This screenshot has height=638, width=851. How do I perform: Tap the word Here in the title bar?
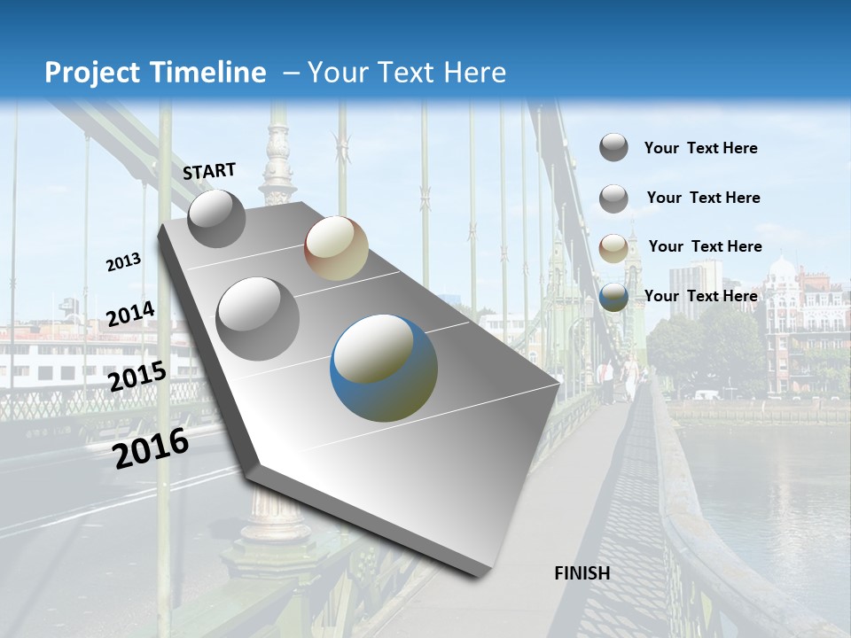click(474, 73)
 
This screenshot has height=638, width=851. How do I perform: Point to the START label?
click(209, 171)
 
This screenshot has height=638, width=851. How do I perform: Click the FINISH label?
click(582, 573)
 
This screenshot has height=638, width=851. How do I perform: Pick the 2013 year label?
click(123, 262)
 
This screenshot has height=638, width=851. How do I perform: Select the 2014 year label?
click(130, 314)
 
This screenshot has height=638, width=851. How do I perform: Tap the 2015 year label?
click(137, 377)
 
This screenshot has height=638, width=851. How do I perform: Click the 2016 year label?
click(151, 448)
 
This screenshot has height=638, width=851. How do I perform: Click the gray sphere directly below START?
click(216, 218)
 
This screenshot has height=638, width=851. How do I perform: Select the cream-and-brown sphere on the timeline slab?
click(336, 248)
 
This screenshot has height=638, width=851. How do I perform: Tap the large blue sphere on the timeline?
click(384, 367)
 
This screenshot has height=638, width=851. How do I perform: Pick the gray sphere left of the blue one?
click(257, 318)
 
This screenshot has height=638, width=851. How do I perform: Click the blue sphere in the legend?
click(613, 298)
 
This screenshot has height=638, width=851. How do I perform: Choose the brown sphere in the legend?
click(613, 249)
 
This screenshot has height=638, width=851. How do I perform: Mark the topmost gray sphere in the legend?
click(613, 147)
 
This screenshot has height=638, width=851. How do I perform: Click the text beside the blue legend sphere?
click(700, 296)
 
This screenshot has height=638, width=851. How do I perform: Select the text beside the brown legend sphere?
click(705, 246)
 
